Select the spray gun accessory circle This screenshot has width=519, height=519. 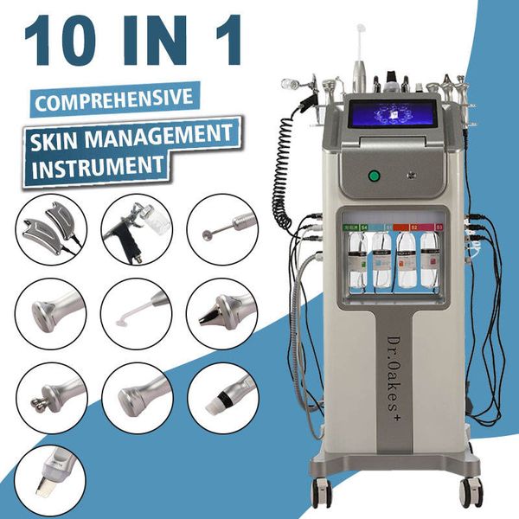[135, 227]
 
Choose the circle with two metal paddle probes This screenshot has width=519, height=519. [49, 227]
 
